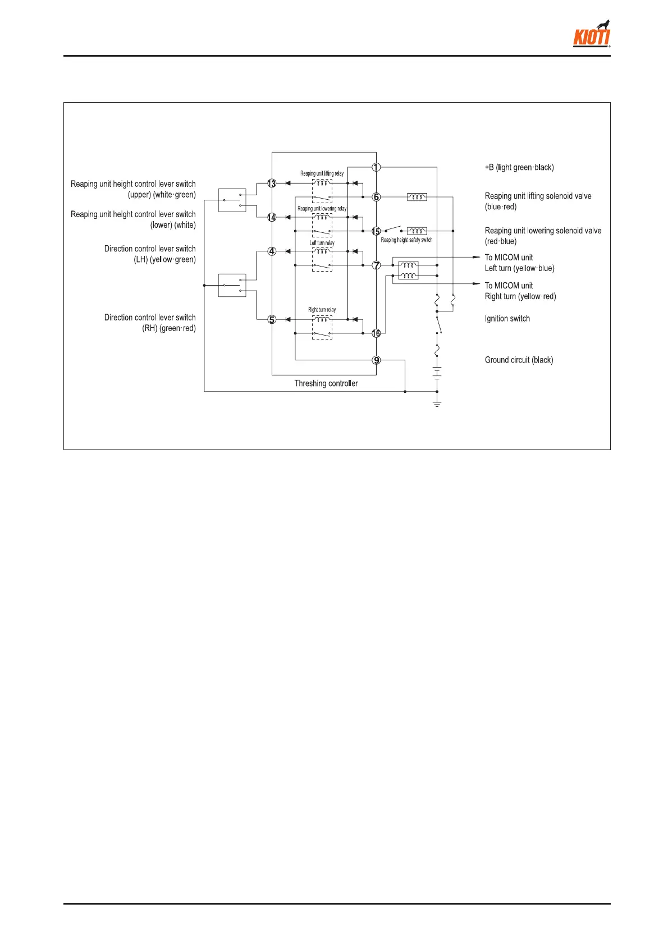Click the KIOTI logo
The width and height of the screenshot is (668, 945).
592,35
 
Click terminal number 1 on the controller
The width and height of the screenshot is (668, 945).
376,167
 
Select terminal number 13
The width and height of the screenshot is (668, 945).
272,184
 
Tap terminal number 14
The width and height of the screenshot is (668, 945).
272,217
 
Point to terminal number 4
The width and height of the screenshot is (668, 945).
272,251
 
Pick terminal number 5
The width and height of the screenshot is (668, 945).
272,320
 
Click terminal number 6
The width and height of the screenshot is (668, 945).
376,197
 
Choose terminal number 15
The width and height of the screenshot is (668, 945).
376,231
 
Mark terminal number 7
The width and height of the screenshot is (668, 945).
376,265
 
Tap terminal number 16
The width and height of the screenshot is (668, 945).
376,333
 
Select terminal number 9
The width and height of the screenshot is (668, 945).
376,360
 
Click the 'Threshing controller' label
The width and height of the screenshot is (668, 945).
326,384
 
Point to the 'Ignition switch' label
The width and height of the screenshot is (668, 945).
507,319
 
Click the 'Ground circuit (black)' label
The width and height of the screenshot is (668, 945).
519,360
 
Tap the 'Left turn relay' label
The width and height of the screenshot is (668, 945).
322,243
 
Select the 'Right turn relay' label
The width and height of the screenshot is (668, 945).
322,310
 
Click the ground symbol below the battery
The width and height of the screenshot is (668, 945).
437,403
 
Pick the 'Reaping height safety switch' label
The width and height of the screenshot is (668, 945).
406,240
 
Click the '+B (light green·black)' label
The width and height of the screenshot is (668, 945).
519,168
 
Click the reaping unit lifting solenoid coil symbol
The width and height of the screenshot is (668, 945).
417,197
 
